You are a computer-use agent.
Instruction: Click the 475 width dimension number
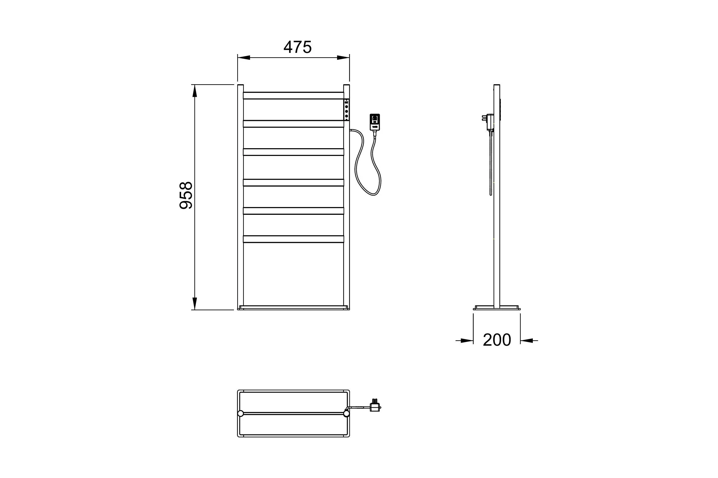click(x=297, y=47)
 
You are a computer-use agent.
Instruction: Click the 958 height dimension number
click(x=185, y=195)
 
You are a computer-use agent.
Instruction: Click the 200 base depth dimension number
click(x=497, y=340)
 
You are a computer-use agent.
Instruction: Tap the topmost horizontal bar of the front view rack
click(x=293, y=95)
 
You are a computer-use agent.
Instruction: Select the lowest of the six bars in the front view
click(x=293, y=239)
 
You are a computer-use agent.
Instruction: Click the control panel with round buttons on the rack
click(x=346, y=110)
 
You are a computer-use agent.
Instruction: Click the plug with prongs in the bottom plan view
click(x=375, y=406)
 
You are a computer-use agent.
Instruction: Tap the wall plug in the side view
click(x=488, y=122)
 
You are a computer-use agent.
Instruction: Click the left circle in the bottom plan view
click(x=241, y=413)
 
